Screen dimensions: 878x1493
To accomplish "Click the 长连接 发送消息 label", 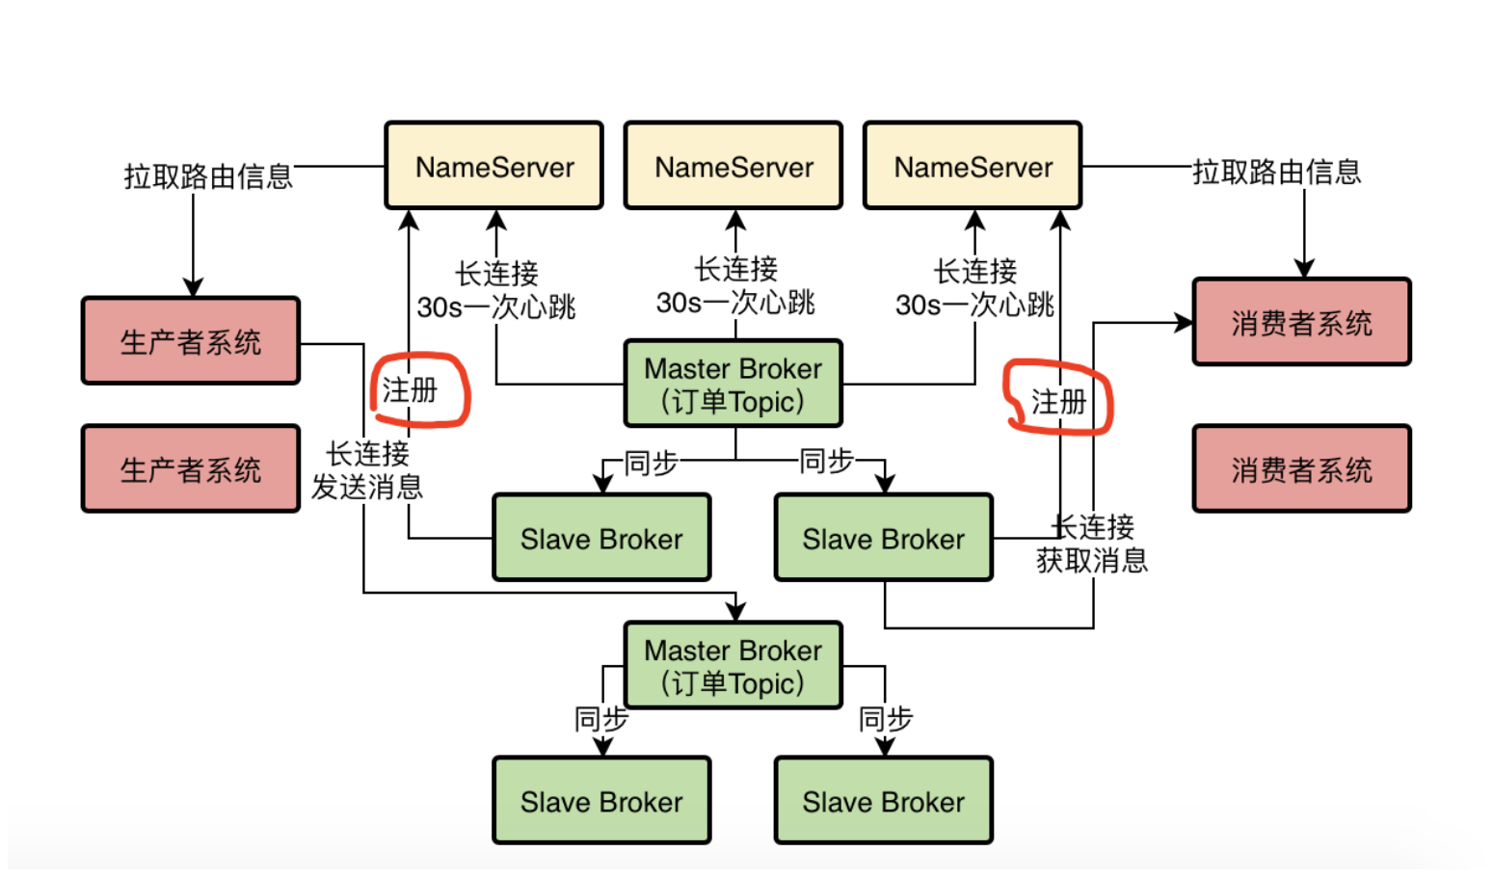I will [x=367, y=470].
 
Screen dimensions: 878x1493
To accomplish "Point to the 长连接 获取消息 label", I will [x=1092, y=544].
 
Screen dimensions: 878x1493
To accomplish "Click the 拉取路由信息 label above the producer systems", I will [x=208, y=175].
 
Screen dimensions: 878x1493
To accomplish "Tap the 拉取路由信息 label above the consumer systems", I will [x=1276, y=172].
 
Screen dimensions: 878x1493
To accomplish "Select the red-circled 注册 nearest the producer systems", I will [x=411, y=390].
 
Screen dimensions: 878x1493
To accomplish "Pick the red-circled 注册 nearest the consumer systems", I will [x=1058, y=401].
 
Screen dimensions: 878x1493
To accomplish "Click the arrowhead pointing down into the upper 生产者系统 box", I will [x=193, y=287].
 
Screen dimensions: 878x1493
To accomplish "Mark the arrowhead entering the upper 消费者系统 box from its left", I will [x=1184, y=323].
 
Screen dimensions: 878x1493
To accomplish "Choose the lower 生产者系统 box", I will [x=191, y=469].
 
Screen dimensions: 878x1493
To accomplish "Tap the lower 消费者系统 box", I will [x=1301, y=469].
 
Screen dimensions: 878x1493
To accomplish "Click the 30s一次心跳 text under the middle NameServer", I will [x=735, y=303].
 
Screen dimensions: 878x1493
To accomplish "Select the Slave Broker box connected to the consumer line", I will [x=883, y=538].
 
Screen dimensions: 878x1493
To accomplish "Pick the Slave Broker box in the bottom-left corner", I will [x=601, y=801].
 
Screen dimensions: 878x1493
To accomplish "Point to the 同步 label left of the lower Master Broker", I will [x=601, y=719].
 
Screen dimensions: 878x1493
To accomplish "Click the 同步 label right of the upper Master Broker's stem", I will [x=827, y=462].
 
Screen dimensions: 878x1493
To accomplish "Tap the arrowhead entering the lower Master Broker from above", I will [x=736, y=611].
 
